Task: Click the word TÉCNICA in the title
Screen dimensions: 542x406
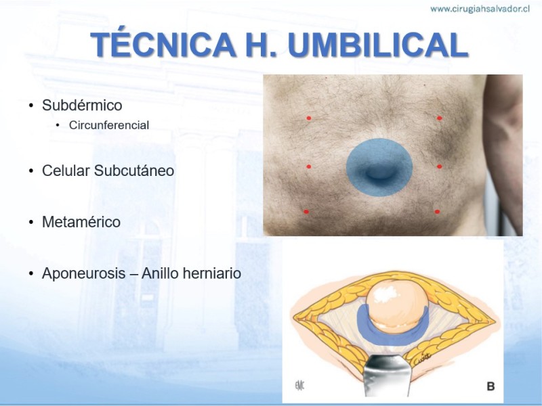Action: [163, 44]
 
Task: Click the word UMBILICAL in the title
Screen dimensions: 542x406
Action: [378, 45]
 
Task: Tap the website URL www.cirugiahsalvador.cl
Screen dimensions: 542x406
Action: [480, 9]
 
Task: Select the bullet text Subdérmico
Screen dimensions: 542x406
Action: [82, 106]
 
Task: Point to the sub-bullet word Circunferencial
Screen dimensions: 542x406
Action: [109, 125]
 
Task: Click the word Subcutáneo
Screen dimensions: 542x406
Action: [133, 171]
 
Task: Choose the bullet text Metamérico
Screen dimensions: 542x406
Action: [81, 222]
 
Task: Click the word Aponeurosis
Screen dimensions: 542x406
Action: [83, 274]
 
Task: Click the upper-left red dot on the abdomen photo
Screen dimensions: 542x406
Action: [309, 118]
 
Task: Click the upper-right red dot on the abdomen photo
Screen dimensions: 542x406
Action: [439, 118]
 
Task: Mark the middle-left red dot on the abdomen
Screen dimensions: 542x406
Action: [309, 166]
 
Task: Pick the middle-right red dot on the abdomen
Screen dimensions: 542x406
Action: [439, 166]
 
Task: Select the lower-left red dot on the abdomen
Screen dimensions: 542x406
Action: [306, 212]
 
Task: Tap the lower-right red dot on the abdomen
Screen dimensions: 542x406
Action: [437, 212]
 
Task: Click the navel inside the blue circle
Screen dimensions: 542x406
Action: [379, 172]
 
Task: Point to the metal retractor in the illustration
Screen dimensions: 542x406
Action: [387, 376]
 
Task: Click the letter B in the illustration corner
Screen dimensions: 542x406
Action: [491, 386]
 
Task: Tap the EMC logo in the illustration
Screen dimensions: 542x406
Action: [299, 385]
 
